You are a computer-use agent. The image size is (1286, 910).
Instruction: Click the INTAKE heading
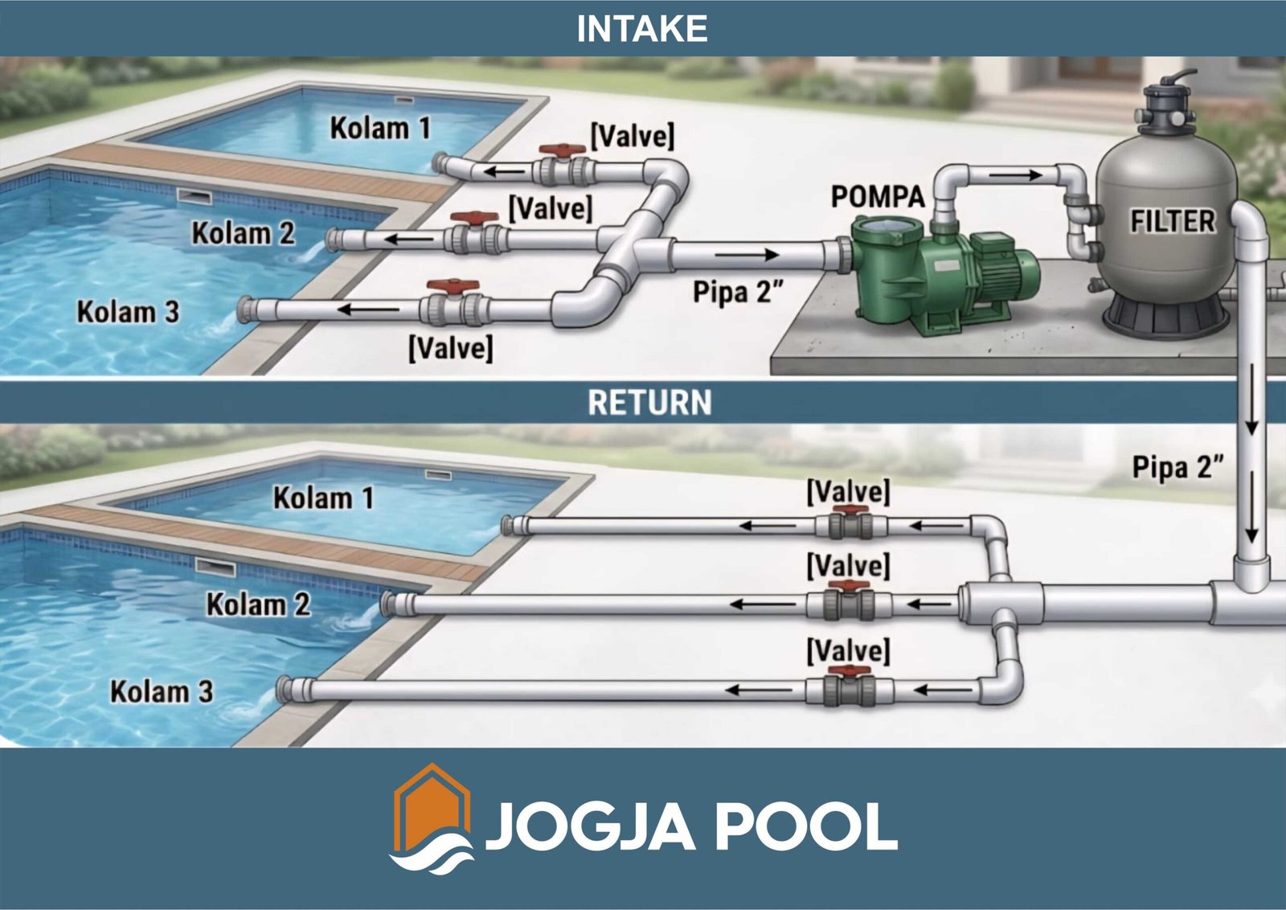(641, 29)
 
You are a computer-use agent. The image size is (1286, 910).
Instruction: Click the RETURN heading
(649, 403)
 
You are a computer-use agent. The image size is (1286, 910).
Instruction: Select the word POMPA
(877, 196)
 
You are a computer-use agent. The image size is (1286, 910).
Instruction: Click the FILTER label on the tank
(1172, 221)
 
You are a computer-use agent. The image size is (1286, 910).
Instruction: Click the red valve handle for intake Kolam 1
(561, 150)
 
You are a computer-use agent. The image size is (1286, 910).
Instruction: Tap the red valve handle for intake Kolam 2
(473, 218)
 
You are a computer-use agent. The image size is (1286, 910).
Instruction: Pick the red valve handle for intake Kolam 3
(453, 286)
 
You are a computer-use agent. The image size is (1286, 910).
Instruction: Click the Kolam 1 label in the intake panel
(380, 128)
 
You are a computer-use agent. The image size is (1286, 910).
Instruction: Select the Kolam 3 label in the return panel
(162, 691)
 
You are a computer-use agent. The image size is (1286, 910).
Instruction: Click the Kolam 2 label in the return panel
(258, 605)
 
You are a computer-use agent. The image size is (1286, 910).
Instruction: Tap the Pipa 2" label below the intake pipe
(737, 292)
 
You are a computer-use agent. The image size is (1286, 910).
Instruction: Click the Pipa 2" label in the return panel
(1177, 467)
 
